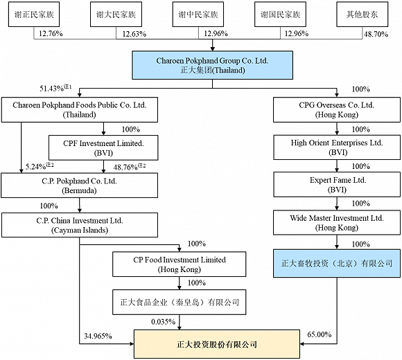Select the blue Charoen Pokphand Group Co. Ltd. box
(x=200, y=64)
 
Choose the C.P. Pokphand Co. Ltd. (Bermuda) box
(x=80, y=185)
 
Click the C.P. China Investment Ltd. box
(x=80, y=224)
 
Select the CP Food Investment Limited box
(x=180, y=264)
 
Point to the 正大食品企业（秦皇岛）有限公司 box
(x=180, y=303)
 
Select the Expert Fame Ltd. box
(x=337, y=185)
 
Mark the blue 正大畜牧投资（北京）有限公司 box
(x=337, y=264)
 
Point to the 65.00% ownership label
(x=319, y=334)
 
